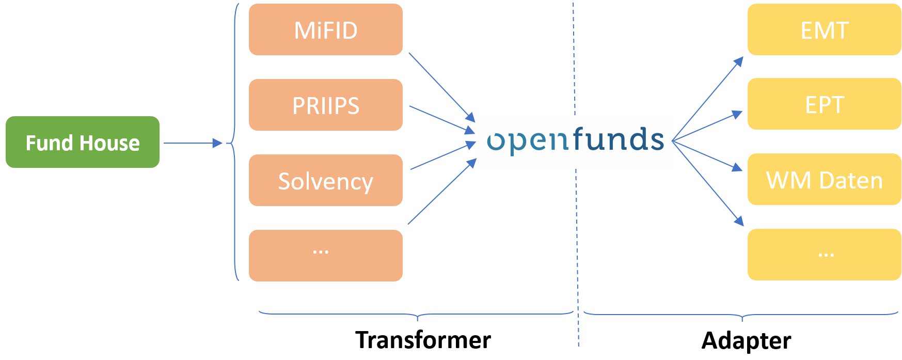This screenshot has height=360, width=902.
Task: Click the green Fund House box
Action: [x=82, y=142]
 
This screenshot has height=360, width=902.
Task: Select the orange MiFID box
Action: [x=325, y=29]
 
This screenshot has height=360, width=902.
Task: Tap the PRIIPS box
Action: [x=325, y=105]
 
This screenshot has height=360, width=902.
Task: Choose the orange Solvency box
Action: [x=325, y=180]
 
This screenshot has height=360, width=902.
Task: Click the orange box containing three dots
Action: [x=325, y=255]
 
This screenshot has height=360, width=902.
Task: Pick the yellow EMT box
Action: [x=824, y=29]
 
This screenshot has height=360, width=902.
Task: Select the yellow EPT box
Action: [x=824, y=104]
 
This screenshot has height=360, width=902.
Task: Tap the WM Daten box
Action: [x=824, y=179]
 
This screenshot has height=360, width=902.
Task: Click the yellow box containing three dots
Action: [x=824, y=255]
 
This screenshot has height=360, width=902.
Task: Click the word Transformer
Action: [x=423, y=340]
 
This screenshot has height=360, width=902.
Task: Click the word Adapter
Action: [x=746, y=340]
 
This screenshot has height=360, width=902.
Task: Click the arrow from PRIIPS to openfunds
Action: [x=441, y=119]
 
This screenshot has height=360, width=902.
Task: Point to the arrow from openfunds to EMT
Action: [x=707, y=99]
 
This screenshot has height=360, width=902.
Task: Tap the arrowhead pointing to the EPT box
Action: [x=737, y=114]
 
